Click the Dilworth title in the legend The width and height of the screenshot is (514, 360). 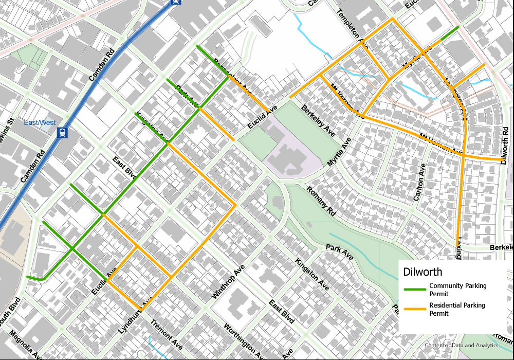423,272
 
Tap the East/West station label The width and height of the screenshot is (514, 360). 40,122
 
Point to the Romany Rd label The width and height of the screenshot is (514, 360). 321,201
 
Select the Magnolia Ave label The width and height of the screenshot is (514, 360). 25,345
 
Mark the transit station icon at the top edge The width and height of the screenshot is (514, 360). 176,2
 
